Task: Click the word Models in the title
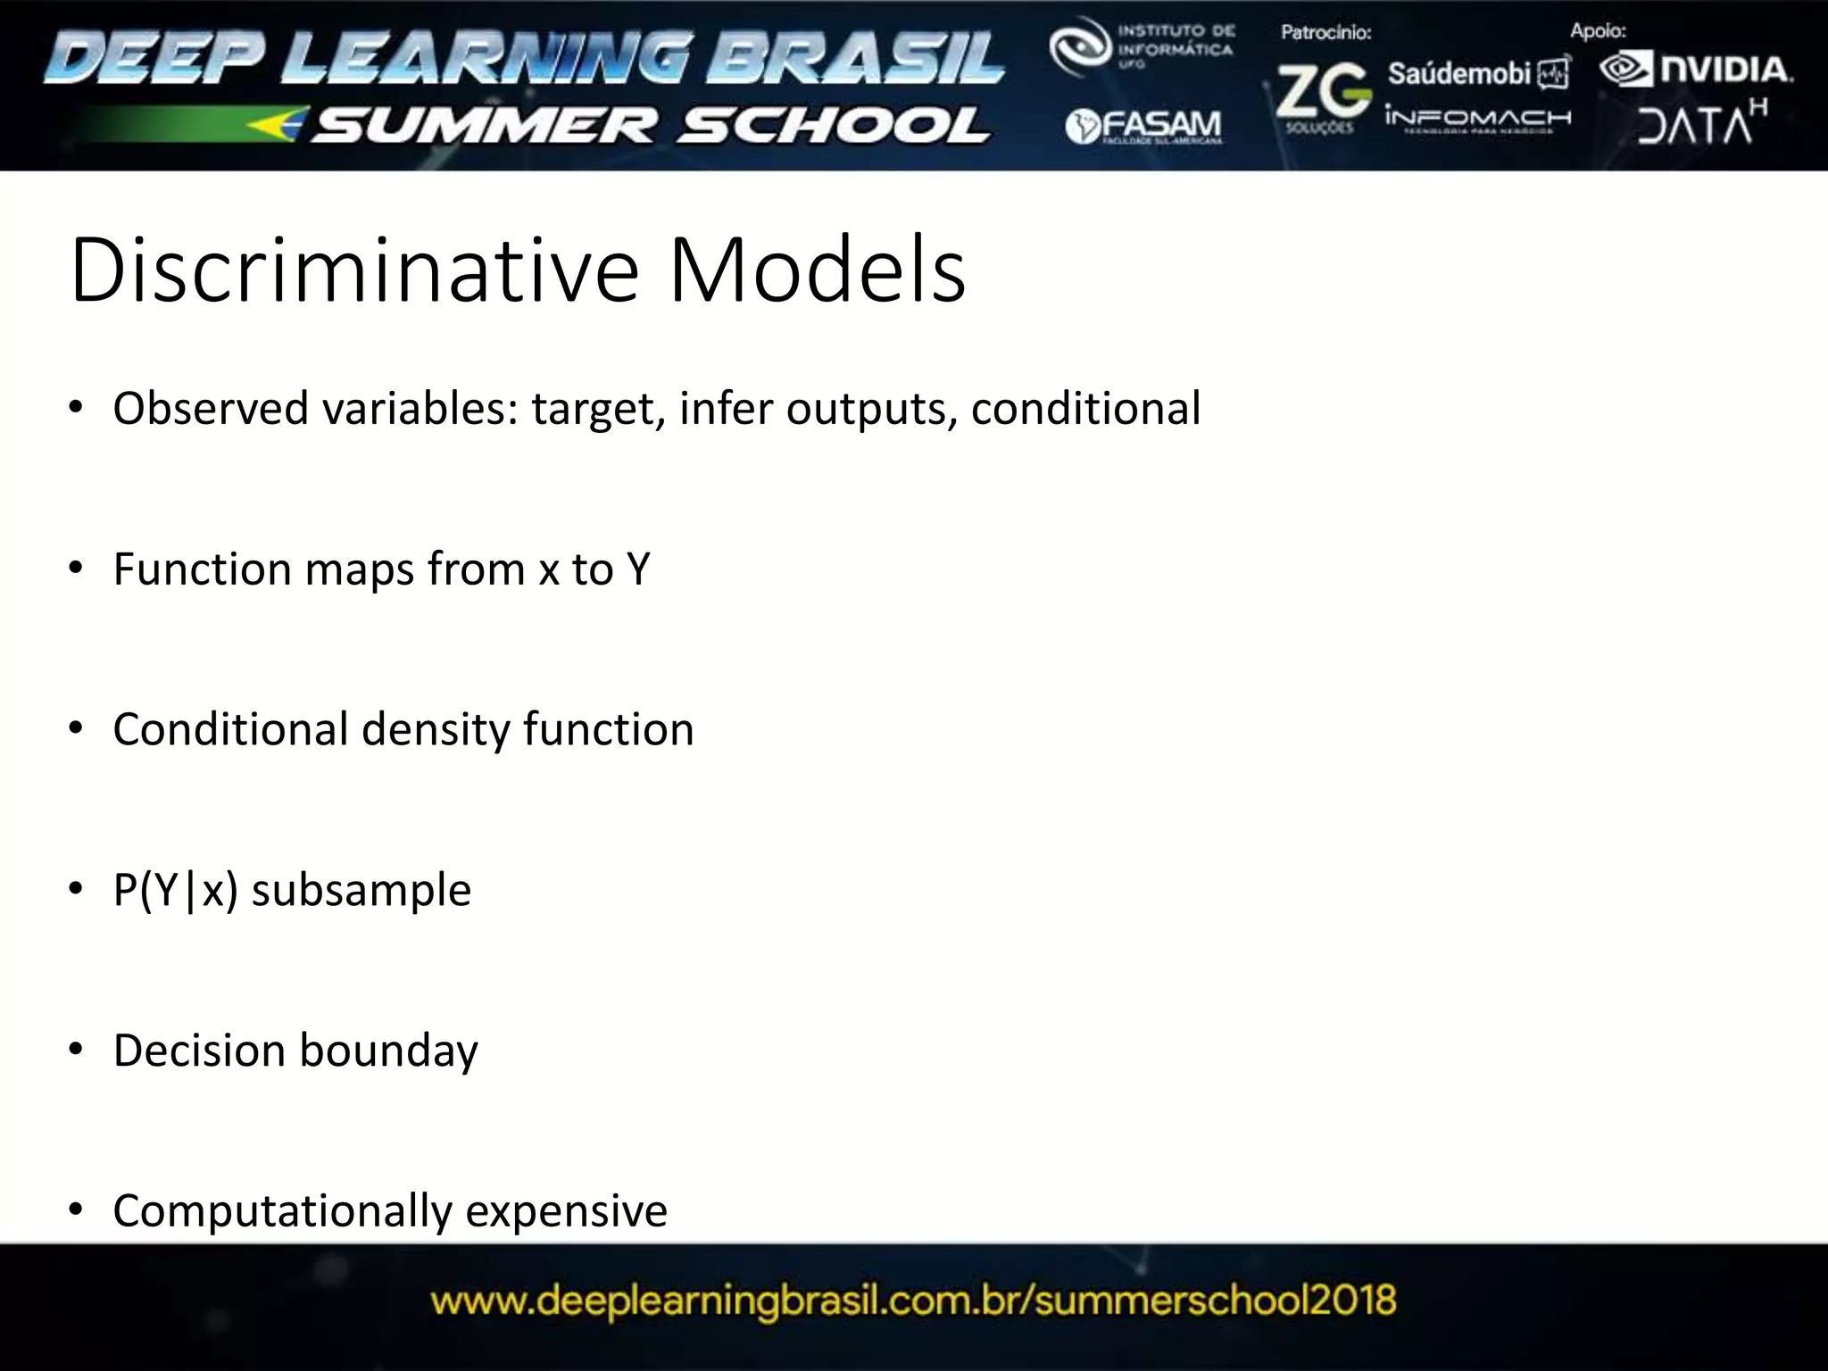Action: click(x=817, y=270)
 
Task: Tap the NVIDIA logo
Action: click(x=1696, y=70)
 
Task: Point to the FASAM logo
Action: click(x=1143, y=126)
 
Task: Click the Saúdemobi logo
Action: click(x=1477, y=73)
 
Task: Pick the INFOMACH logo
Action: click(x=1477, y=119)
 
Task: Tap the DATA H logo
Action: click(x=1701, y=123)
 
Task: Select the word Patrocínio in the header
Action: click(x=1325, y=33)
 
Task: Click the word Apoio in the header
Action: click(x=1598, y=31)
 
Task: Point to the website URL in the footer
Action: click(x=913, y=1300)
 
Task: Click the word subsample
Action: click(x=361, y=890)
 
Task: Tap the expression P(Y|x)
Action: click(x=176, y=890)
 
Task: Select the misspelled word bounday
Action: click(x=388, y=1051)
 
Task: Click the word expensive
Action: click(x=566, y=1211)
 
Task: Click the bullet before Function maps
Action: click(x=76, y=568)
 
